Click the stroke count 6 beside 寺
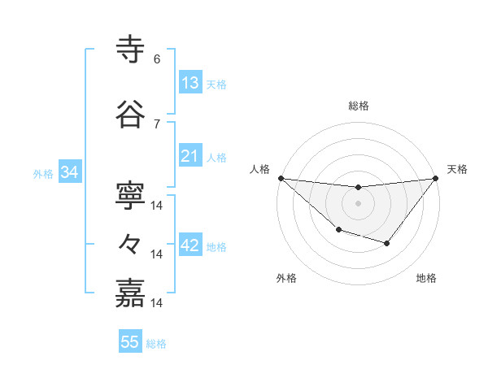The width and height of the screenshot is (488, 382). click(157, 59)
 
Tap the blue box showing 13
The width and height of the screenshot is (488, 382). click(190, 83)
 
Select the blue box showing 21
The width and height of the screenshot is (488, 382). click(190, 156)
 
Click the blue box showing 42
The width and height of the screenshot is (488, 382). click(190, 245)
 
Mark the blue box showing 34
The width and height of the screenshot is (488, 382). click(69, 172)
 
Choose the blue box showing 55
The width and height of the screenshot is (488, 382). click(130, 342)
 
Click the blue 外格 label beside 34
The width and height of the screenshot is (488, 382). click(43, 173)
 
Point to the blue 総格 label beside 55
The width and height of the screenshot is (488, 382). click(156, 344)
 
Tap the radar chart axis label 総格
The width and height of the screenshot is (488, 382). click(358, 106)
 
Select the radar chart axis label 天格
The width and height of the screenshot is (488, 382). click(457, 169)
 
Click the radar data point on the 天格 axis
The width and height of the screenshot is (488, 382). click(436, 178)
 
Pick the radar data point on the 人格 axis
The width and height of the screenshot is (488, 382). click(281, 178)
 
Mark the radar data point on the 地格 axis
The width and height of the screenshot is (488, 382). click(387, 243)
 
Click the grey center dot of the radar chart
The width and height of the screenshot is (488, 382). click(358, 203)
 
